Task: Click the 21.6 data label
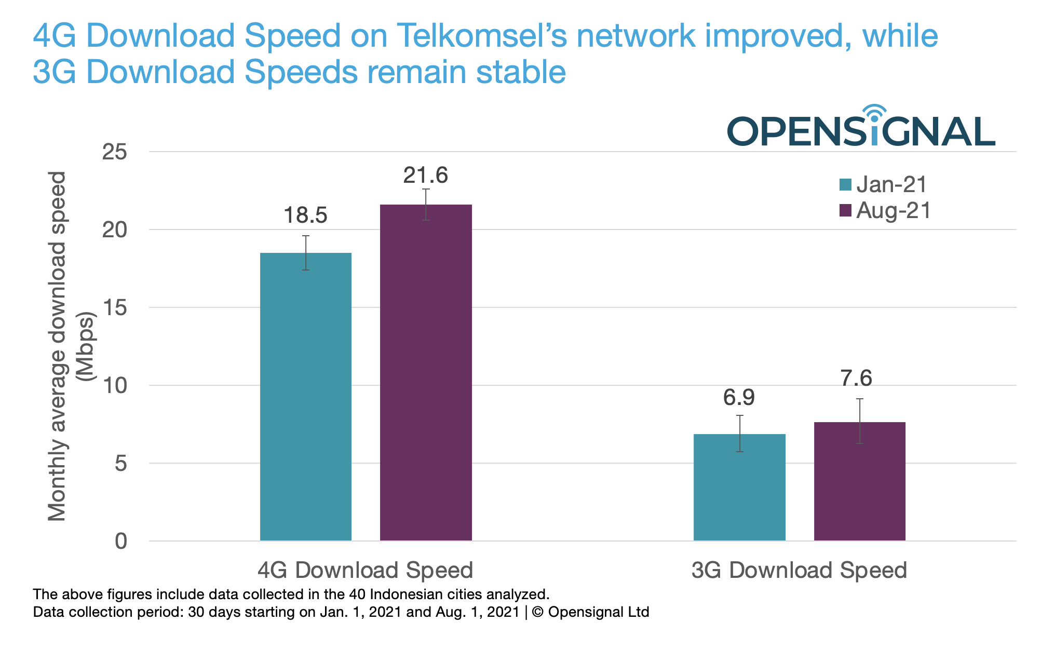425,175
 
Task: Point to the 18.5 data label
305,215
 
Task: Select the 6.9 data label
739,398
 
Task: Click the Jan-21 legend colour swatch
845,185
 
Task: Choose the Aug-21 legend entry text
893,211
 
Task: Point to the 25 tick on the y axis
115,152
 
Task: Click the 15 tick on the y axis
115,308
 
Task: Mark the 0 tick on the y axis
120,541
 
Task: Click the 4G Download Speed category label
365,570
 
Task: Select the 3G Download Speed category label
799,570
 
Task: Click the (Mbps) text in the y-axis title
85,346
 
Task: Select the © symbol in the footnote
537,612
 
